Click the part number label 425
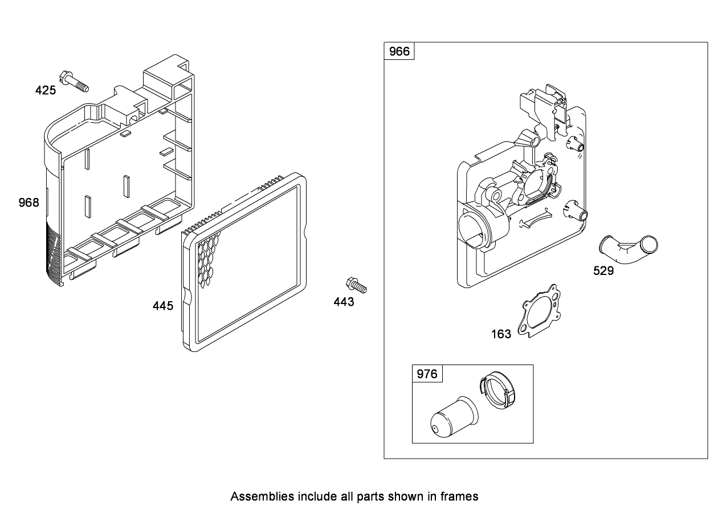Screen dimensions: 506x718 46,90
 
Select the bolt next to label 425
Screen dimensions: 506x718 75,81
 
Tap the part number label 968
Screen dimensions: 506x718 28,203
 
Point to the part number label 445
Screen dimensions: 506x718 163,306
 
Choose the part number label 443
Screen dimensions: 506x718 344,302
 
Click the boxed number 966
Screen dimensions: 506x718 399,52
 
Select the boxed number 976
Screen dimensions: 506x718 427,374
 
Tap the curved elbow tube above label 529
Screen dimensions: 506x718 628,249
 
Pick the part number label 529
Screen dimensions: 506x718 603,271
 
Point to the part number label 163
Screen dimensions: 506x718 501,334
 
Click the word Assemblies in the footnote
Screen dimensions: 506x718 257,496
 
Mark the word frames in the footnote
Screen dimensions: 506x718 460,496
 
